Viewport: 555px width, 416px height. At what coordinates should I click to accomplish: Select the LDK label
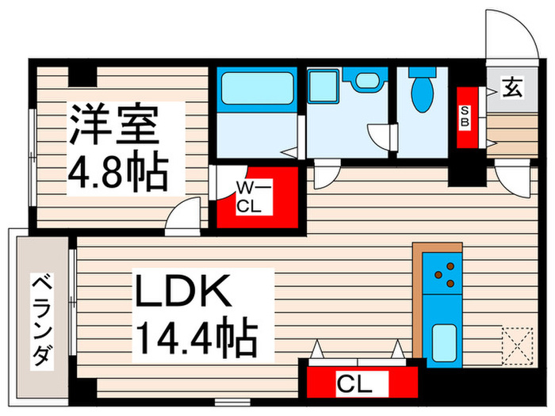(186, 292)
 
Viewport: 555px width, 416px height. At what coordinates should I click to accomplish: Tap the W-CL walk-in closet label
(255, 196)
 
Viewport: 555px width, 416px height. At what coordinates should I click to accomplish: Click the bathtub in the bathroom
(256, 89)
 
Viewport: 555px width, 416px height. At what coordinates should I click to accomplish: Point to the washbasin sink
(366, 80)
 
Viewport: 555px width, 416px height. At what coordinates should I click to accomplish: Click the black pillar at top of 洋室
(82, 75)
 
